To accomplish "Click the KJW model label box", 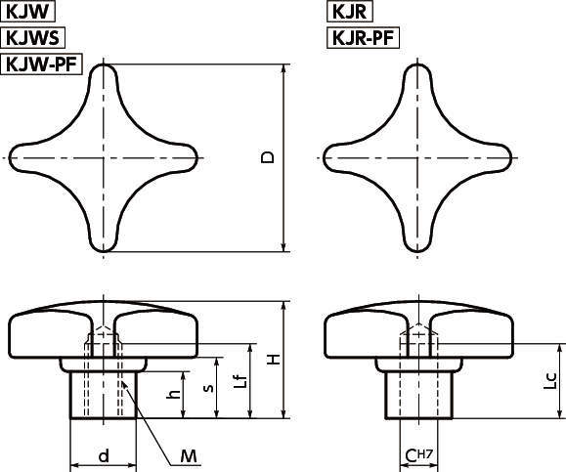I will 29,13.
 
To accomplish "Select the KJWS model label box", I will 35,39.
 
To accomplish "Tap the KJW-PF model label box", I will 43,65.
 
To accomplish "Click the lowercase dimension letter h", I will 173,395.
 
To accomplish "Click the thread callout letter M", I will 189,454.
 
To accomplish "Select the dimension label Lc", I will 550,379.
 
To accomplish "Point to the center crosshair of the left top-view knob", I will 105,156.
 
